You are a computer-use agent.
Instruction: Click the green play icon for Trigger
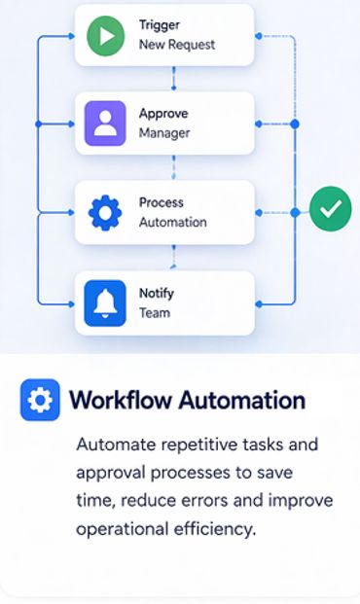(106, 36)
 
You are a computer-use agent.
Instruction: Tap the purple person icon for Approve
(105, 124)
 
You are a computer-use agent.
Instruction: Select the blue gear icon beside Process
(105, 213)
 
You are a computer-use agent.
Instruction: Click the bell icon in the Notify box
(105, 303)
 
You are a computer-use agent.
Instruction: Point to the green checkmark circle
(331, 209)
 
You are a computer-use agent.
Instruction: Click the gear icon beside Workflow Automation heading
(40, 400)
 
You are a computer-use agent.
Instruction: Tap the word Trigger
(160, 25)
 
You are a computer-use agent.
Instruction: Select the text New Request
(177, 45)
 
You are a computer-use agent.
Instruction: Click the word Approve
(163, 114)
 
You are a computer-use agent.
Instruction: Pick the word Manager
(164, 133)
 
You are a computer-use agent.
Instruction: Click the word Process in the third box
(162, 202)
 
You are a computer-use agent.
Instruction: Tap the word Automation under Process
(172, 223)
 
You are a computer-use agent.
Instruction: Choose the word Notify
(157, 294)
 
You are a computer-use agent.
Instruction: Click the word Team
(155, 313)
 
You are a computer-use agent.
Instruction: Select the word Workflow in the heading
(121, 400)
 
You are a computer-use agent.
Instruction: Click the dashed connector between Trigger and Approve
(174, 79)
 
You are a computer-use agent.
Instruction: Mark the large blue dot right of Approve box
(295, 124)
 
